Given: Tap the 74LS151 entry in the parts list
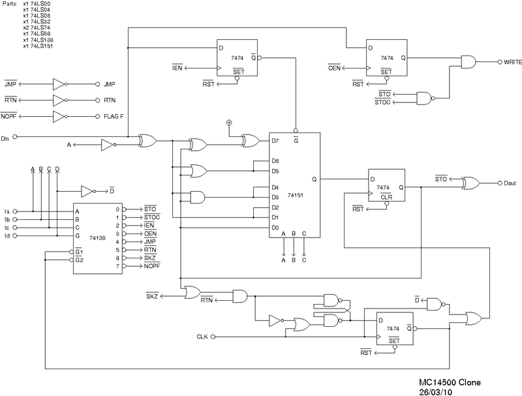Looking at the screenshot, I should [x=38, y=46].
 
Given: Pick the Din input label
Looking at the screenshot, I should [x=5, y=138].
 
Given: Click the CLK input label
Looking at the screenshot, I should [x=202, y=337].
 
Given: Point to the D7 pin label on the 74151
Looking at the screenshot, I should [x=275, y=140].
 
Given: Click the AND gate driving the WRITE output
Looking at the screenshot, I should [x=468, y=62].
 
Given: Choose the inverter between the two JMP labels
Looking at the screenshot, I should [x=59, y=84].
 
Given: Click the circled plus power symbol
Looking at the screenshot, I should [x=228, y=122].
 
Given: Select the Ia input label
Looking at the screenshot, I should [x=7, y=211].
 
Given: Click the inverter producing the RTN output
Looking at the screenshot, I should [x=59, y=100].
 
